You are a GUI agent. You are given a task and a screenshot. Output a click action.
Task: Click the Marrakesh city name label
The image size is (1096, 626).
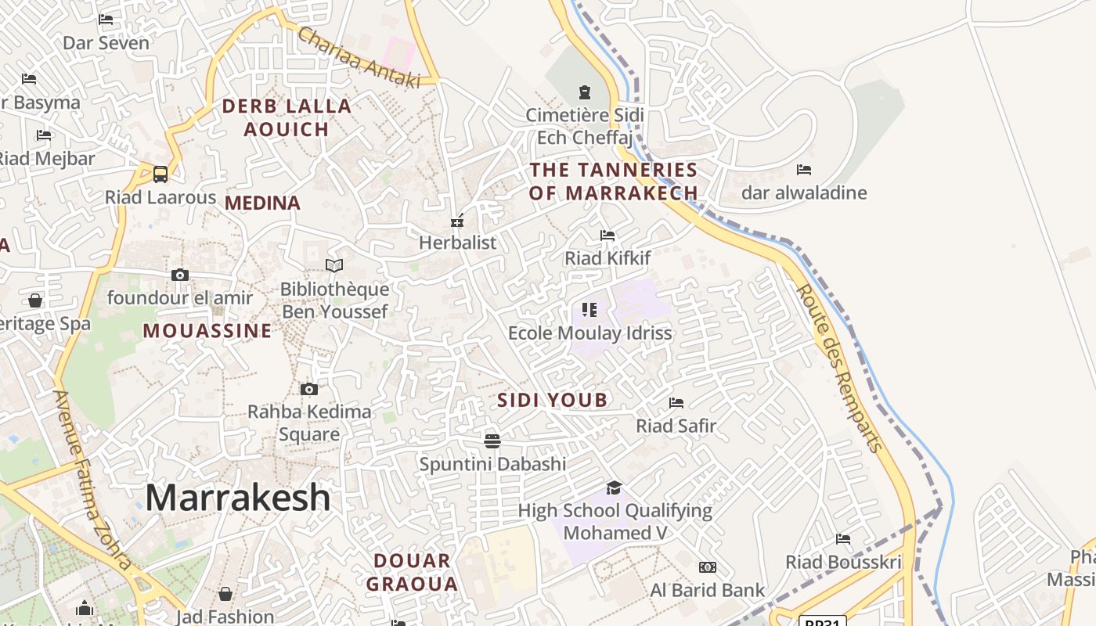click(238, 498)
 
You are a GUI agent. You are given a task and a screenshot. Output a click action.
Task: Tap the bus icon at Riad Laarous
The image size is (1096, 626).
click(160, 174)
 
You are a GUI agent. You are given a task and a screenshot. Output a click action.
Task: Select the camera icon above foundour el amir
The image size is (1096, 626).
click(180, 275)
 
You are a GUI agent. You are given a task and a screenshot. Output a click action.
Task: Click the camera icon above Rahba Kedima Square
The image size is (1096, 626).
click(309, 389)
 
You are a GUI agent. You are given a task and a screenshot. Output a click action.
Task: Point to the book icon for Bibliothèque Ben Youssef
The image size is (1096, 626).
click(334, 266)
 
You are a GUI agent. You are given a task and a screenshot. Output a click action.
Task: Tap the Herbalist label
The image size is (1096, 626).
click(458, 243)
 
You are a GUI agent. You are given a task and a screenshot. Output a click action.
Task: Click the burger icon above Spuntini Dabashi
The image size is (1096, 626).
click(492, 441)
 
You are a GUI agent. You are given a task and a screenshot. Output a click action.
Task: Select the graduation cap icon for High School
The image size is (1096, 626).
click(615, 488)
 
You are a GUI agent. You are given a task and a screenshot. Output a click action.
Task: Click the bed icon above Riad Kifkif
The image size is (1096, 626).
click(607, 236)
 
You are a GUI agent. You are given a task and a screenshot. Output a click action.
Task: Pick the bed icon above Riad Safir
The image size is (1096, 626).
click(676, 403)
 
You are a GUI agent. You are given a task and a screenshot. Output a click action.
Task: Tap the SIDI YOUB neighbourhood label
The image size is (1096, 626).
click(553, 401)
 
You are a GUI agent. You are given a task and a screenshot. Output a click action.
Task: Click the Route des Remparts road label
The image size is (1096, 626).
click(839, 368)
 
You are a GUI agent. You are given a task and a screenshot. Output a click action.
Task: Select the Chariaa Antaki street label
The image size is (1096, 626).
click(359, 58)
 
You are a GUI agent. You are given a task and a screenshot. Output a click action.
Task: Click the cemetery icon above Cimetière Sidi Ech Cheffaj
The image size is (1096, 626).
click(584, 92)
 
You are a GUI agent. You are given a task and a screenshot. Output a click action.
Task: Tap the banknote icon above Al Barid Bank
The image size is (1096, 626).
click(707, 567)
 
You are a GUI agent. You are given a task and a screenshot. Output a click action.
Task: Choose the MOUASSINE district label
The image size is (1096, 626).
click(207, 331)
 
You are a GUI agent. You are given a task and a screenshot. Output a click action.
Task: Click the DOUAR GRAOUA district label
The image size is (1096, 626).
click(412, 572)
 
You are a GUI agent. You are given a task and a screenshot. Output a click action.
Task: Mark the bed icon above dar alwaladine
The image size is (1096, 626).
click(804, 170)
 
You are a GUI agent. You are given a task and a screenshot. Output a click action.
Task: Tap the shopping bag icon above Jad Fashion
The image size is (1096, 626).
click(225, 594)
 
